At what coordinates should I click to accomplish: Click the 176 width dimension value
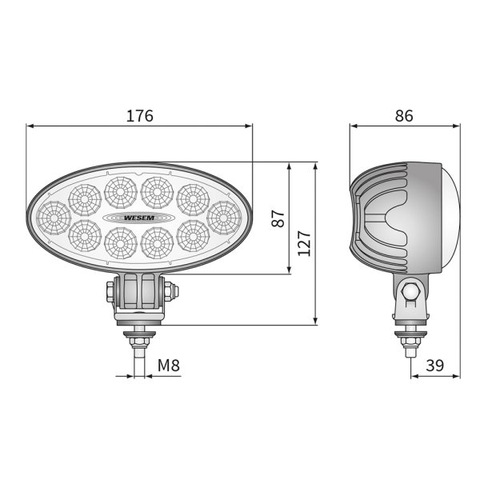click(x=140, y=116)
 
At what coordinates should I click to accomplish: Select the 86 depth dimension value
click(x=404, y=116)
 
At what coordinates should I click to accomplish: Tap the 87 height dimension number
click(x=278, y=219)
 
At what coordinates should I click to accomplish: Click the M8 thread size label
click(x=168, y=366)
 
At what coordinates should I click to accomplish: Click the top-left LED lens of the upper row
click(x=83, y=198)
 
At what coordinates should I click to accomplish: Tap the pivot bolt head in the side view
click(x=410, y=293)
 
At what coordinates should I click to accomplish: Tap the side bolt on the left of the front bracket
click(x=108, y=293)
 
